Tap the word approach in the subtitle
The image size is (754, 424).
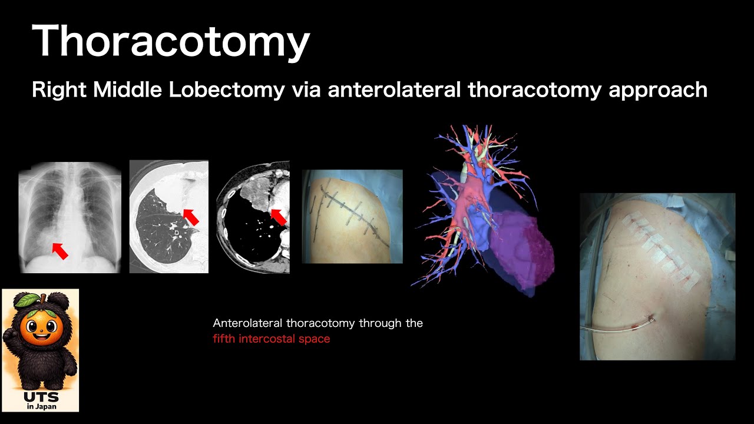tap(663, 91)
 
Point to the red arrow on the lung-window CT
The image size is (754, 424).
tap(190, 217)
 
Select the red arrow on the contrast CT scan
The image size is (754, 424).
tap(278, 216)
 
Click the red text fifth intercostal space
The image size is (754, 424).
tap(271, 339)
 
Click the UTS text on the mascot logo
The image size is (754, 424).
tap(41, 397)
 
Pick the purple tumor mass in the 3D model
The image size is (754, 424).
tap(524, 253)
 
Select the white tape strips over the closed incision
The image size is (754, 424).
tap(657, 247)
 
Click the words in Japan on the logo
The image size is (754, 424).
tap(41, 406)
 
